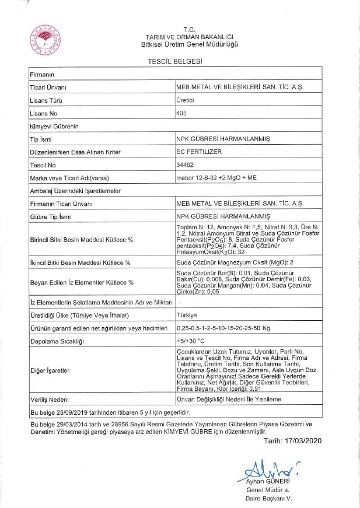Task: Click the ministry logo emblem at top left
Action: (x=44, y=39)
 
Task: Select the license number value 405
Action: (x=181, y=113)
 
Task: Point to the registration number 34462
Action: (x=185, y=165)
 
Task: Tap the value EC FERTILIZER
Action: (x=196, y=152)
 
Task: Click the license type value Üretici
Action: (x=186, y=100)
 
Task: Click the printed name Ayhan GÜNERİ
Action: (x=268, y=481)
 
